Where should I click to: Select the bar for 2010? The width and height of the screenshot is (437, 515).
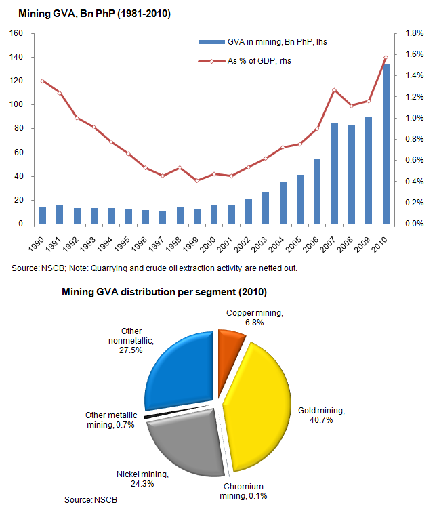pyautogui.click(x=386, y=144)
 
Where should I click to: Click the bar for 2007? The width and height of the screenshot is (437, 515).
pyautogui.click(x=335, y=173)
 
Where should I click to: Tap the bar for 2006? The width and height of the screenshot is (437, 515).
pyautogui.click(x=317, y=191)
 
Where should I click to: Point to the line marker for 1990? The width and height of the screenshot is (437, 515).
pyautogui.click(x=43, y=81)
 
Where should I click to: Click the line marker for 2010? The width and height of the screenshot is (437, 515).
pyautogui.click(x=386, y=58)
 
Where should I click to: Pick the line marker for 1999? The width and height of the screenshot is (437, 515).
pyautogui.click(x=197, y=180)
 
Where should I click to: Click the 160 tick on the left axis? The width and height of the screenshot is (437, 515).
pyautogui.click(x=16, y=33)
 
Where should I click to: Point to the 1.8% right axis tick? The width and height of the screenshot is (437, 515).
pyautogui.click(x=414, y=33)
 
